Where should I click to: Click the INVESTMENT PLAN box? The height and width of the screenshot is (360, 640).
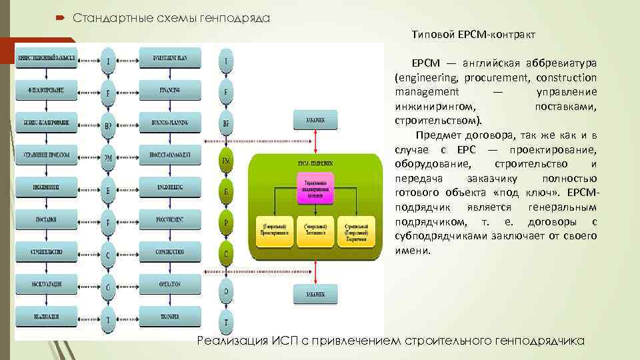[169, 59]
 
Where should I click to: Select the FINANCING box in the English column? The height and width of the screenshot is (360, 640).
[169, 91]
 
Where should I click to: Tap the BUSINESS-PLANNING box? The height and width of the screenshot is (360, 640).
[169, 123]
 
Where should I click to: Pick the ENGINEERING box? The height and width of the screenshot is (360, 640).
[169, 188]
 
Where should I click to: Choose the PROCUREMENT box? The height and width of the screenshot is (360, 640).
[169, 220]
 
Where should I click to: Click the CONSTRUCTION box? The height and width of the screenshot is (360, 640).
[169, 252]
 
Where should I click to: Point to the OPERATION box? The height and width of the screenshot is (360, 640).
[169, 284]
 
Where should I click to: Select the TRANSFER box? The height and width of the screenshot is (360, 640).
[169, 316]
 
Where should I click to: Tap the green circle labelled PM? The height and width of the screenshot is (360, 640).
[227, 160]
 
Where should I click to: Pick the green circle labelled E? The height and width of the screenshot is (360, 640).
[227, 192]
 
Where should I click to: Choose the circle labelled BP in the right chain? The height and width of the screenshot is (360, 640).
[227, 124]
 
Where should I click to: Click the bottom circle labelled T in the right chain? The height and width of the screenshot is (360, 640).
[227, 323]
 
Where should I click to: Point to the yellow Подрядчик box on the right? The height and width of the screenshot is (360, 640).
[357, 229]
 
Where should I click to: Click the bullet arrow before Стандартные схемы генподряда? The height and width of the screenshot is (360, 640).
[61, 17]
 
